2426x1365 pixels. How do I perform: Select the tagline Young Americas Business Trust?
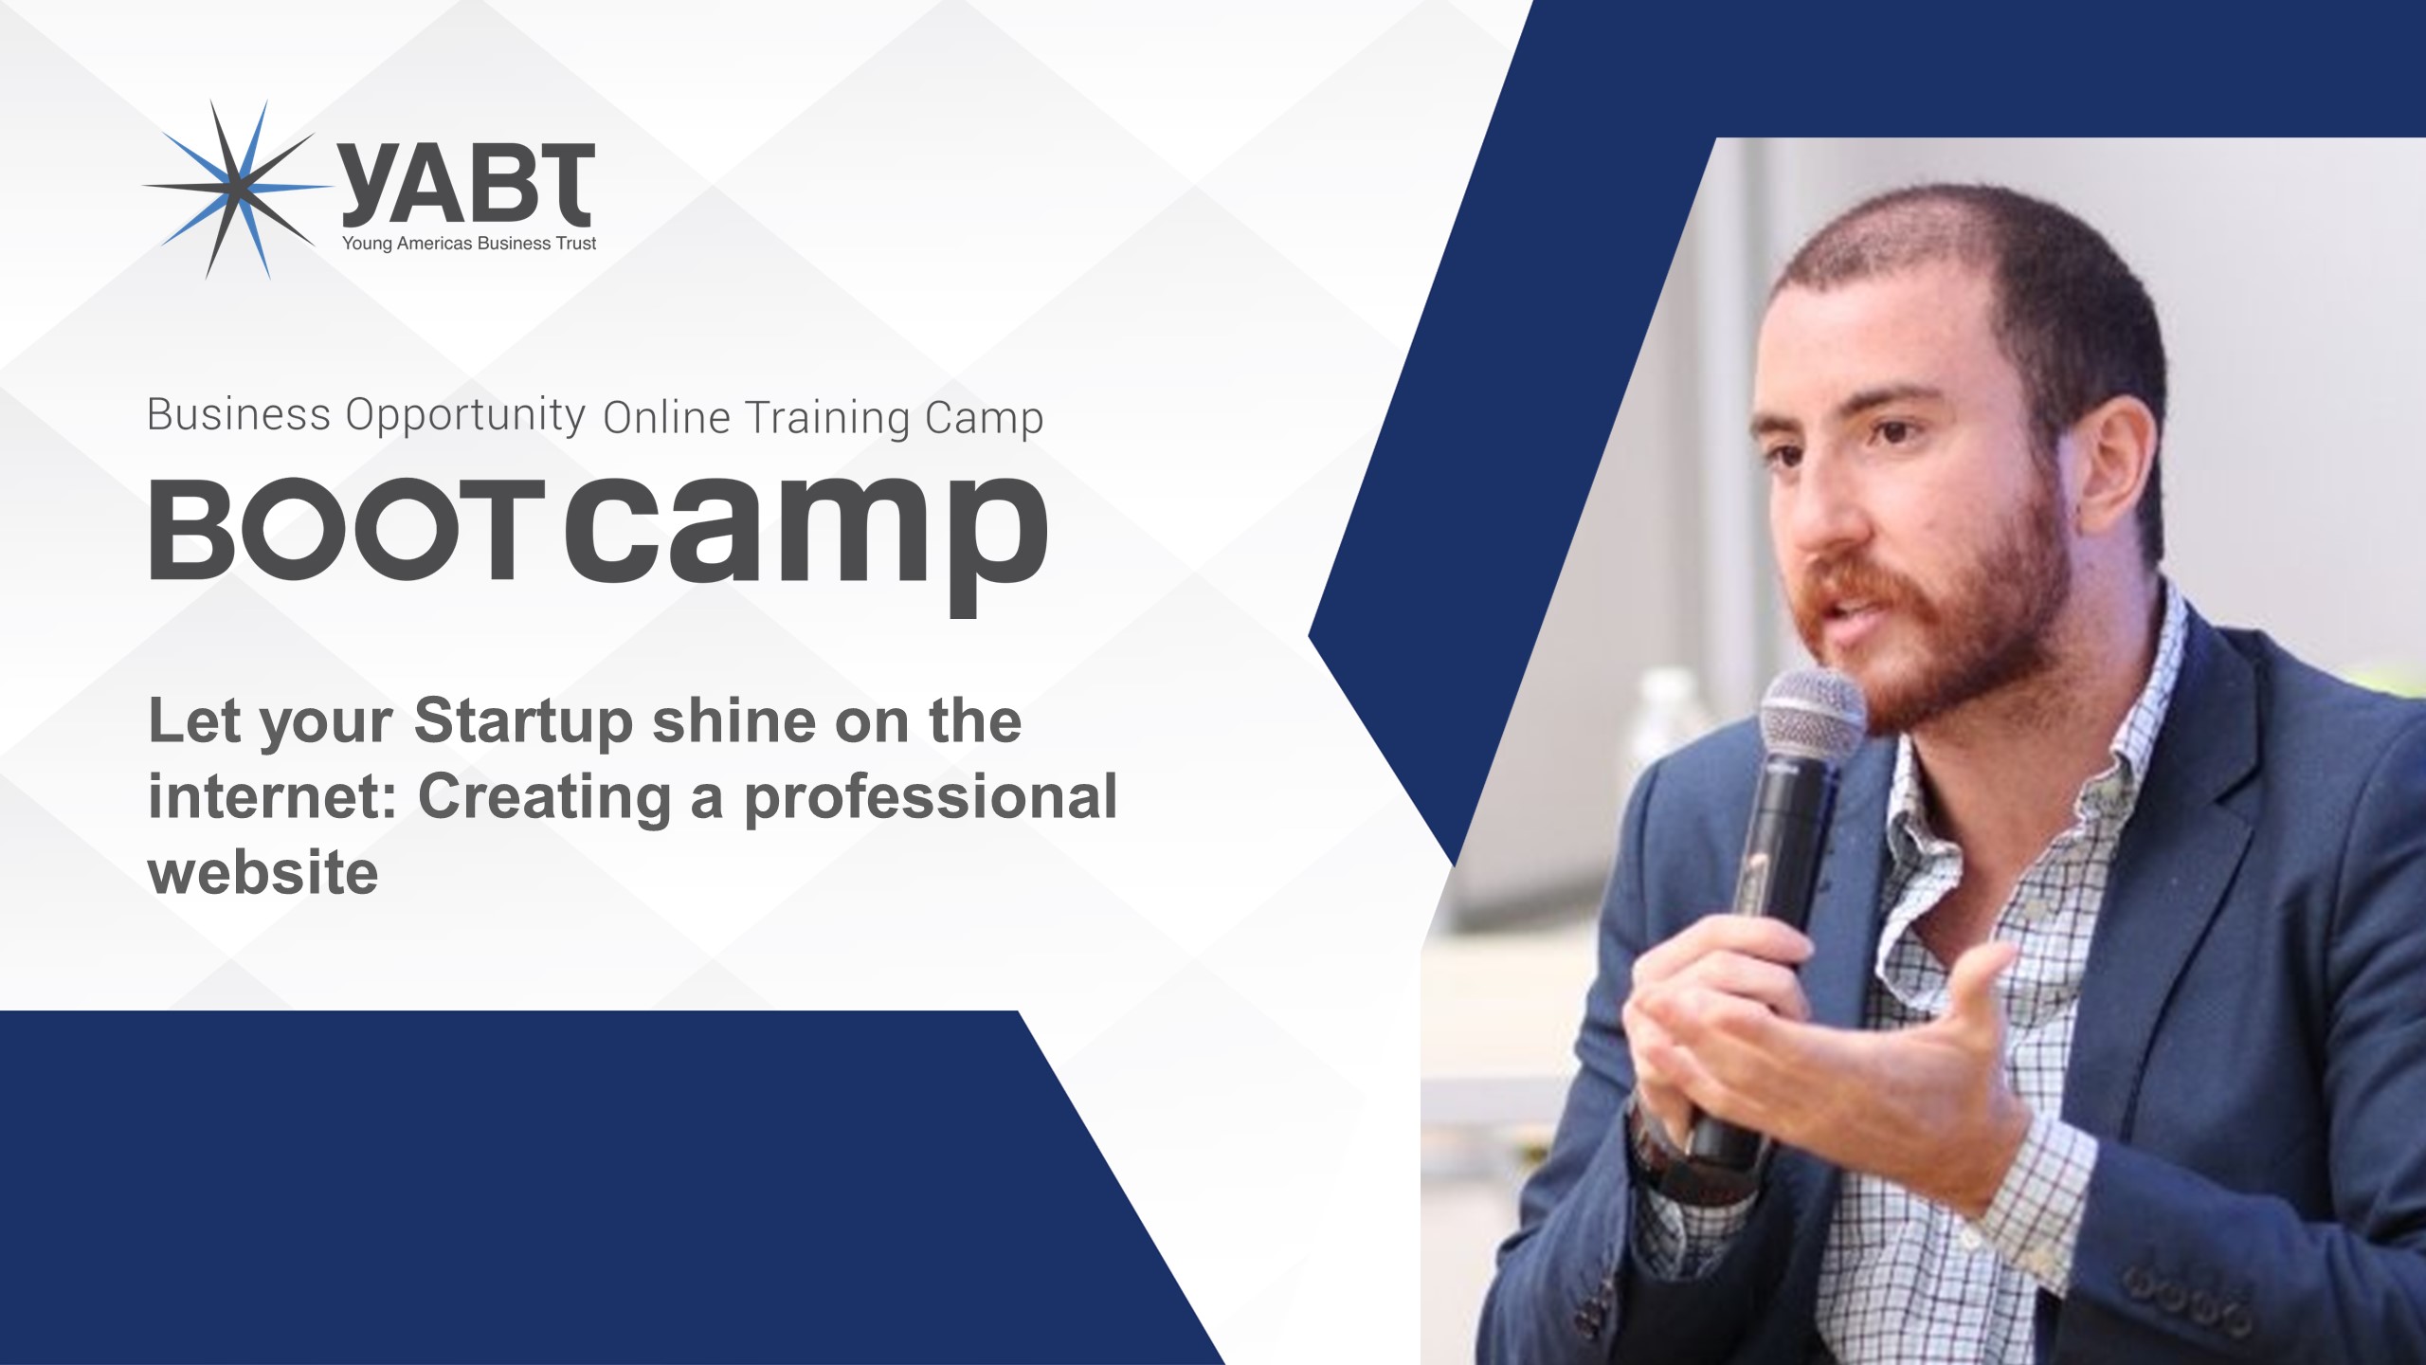pyautogui.click(x=469, y=244)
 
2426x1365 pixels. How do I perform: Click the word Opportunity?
pyautogui.click(x=465, y=416)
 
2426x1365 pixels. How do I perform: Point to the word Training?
pyautogui.click(x=826, y=418)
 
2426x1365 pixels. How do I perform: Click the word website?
pyautogui.click(x=263, y=872)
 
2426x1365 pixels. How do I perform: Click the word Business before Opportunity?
pyautogui.click(x=239, y=414)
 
